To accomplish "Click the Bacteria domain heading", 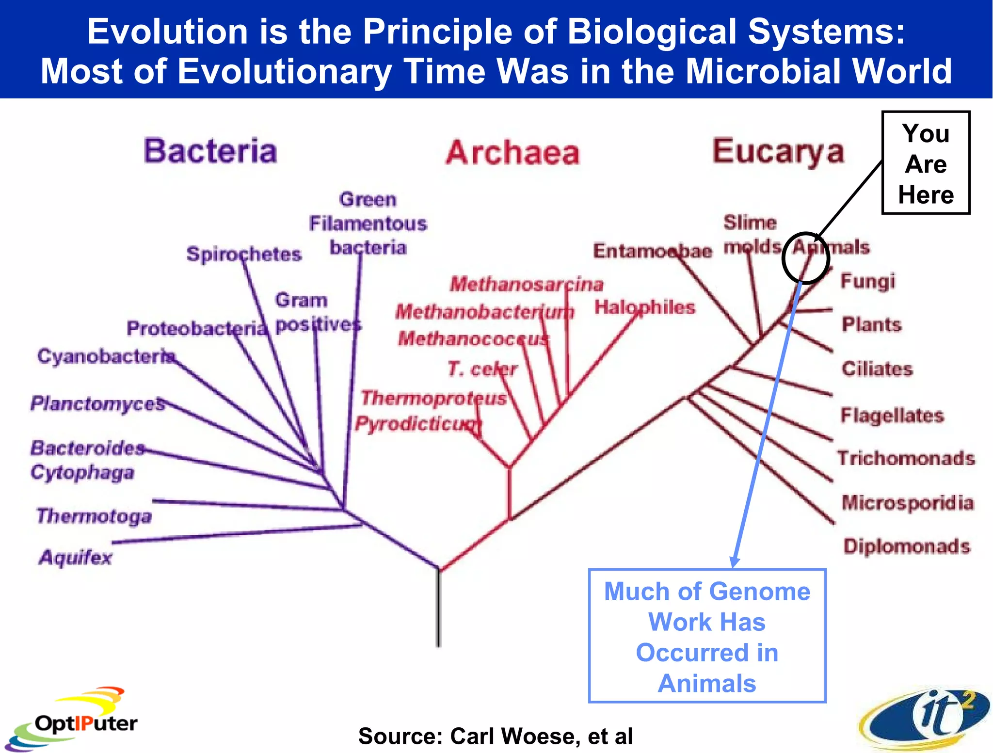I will click(x=210, y=151).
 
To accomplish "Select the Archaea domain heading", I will click(x=513, y=153).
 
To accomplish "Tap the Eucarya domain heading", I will click(x=778, y=152).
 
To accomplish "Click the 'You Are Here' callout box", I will click(x=926, y=163).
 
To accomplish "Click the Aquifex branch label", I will click(x=75, y=558).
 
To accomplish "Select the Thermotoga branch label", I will click(x=94, y=516).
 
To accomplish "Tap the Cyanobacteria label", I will click(x=106, y=356).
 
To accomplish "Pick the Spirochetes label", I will click(x=244, y=254).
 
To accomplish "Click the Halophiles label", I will click(x=645, y=307).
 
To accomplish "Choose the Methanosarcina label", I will click(x=527, y=284).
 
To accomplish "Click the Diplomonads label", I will click(x=907, y=546).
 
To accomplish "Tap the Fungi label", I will click(x=867, y=281).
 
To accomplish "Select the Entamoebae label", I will click(x=653, y=251).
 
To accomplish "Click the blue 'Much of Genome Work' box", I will click(x=707, y=636).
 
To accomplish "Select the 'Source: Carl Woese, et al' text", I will click(x=496, y=736).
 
